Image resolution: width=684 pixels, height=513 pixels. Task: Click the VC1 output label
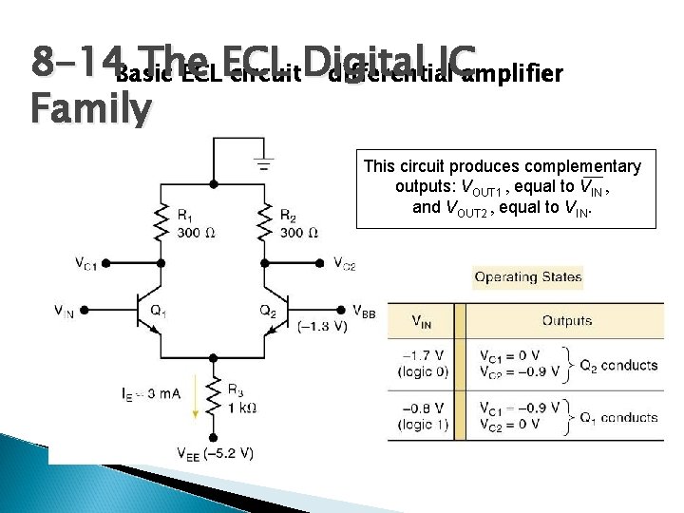[x=86, y=263]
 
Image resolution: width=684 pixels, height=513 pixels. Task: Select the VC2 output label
[x=344, y=263]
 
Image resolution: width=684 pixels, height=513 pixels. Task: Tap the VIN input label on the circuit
[x=65, y=311]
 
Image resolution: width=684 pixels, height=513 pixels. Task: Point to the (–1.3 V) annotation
[x=324, y=327]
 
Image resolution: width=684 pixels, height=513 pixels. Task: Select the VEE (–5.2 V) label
[x=215, y=452]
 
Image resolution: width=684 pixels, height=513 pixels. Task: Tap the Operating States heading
[x=527, y=277]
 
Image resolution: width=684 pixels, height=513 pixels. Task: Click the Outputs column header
[x=567, y=320]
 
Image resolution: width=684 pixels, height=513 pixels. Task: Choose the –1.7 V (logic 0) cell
[x=425, y=364]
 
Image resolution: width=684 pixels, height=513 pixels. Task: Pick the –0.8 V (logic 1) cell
[x=425, y=417]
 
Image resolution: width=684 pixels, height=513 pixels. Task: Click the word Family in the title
[x=90, y=111]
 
